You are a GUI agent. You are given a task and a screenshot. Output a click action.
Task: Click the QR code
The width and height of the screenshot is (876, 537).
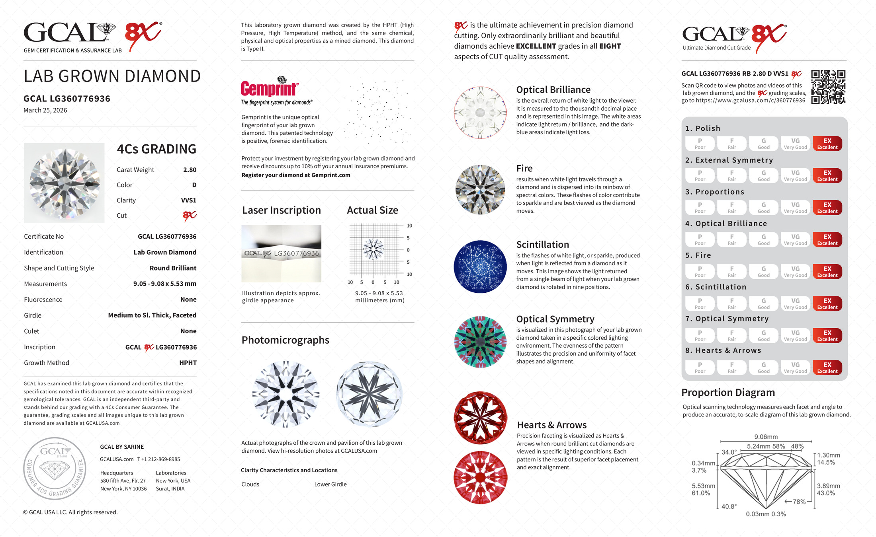tap(828, 87)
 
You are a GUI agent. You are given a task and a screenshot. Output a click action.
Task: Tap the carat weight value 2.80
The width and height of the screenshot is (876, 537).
tap(190, 170)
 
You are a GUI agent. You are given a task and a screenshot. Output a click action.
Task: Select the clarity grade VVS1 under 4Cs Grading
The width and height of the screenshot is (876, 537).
tap(188, 200)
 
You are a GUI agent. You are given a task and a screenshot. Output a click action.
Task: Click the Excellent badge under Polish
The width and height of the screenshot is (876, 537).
tap(827, 144)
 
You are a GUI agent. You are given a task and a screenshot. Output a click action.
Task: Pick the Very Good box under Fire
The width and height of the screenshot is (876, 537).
tap(795, 272)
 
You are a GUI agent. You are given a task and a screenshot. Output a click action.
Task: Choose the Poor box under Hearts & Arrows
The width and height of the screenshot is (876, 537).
tap(700, 368)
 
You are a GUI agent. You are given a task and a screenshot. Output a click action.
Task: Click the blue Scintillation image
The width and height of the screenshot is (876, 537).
tap(480, 267)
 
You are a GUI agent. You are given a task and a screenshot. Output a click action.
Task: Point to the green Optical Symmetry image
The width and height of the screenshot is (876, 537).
tap(480, 342)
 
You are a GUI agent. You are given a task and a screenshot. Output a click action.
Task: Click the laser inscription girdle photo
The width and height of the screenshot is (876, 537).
tap(281, 253)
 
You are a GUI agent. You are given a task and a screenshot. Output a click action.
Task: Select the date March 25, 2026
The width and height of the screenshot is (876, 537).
tap(45, 110)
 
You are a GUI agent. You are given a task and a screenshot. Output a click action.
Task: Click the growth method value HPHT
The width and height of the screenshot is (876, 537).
tap(188, 363)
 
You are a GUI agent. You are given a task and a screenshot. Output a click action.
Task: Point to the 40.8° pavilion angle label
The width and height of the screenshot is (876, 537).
tap(729, 506)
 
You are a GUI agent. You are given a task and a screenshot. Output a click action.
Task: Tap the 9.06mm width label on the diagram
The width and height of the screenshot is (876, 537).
tap(766, 437)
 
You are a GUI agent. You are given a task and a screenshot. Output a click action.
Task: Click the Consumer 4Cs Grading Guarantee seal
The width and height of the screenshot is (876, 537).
tap(55, 469)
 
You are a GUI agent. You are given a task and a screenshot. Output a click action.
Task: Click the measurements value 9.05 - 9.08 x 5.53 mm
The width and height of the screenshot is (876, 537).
tap(164, 284)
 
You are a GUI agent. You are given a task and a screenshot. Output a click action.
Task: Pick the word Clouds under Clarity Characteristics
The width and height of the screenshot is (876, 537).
tap(250, 484)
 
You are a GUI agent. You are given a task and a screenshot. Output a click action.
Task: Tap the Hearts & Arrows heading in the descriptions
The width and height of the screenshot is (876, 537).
tap(551, 425)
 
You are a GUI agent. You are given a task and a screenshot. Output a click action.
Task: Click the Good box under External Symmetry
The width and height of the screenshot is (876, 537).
tap(763, 175)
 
